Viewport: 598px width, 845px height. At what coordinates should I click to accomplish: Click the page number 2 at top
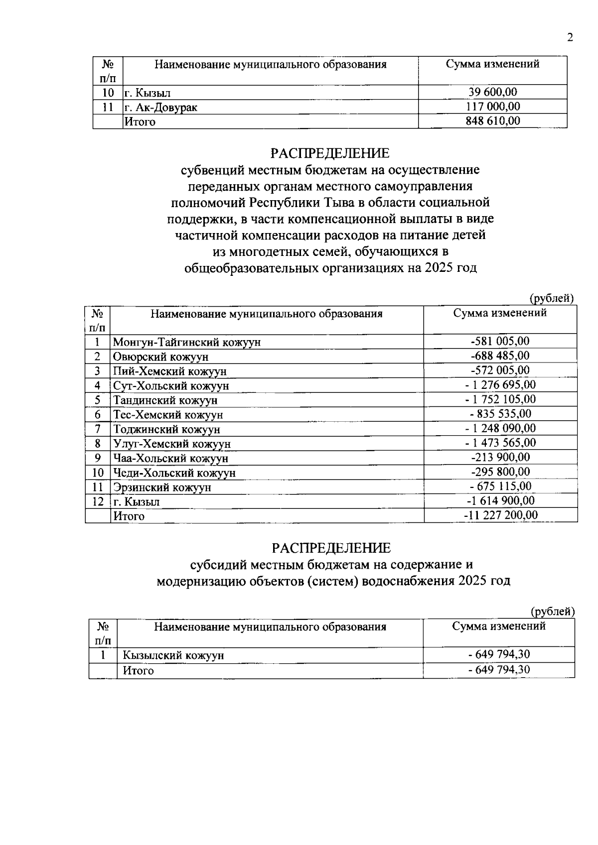point(570,38)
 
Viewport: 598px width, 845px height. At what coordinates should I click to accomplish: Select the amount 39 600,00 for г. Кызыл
point(492,92)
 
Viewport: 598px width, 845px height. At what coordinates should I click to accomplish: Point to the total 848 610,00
point(492,121)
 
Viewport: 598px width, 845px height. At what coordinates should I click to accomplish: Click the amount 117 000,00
point(492,107)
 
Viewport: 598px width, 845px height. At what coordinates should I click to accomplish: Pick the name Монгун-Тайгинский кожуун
point(186,342)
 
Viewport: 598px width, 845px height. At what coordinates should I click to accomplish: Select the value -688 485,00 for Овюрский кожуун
point(500,356)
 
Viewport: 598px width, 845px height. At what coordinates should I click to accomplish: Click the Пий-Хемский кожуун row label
point(169,371)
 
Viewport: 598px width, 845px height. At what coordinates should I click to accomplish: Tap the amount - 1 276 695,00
point(500,385)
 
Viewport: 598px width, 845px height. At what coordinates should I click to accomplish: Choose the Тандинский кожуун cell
point(165,400)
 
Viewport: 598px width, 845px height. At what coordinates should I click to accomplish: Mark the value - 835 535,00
point(500,414)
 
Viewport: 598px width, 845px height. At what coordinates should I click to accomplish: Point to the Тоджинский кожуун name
point(166,429)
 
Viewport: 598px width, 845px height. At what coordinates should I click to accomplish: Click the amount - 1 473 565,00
point(500,443)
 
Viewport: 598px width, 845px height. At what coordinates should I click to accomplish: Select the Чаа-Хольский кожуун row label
point(170,458)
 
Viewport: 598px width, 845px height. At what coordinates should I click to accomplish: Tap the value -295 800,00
point(500,472)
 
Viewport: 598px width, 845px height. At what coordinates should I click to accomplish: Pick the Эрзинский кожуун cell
point(162,487)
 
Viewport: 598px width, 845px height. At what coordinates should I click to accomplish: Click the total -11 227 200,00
point(500,515)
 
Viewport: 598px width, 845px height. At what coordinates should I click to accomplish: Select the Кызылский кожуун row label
point(173,655)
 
